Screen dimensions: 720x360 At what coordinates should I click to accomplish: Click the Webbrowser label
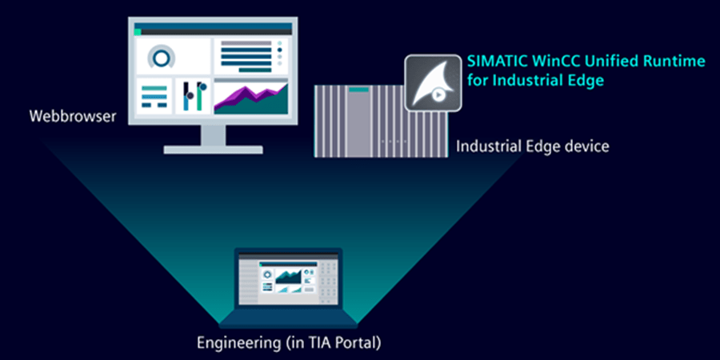[x=73, y=116]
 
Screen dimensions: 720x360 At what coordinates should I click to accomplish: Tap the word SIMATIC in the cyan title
[x=493, y=62]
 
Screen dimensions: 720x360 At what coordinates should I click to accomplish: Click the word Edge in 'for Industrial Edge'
[x=587, y=81]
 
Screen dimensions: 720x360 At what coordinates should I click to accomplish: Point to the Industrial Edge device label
[x=533, y=146]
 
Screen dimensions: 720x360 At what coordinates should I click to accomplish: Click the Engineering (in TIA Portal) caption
[x=289, y=342]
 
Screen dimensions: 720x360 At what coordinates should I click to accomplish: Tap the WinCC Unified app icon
[x=433, y=82]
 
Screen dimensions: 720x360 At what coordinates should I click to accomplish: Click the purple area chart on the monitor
[x=250, y=98]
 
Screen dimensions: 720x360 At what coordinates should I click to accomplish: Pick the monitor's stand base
[x=213, y=150]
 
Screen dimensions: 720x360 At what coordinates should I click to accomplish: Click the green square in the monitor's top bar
[x=138, y=32]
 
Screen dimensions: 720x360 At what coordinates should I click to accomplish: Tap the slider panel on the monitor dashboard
[x=192, y=96]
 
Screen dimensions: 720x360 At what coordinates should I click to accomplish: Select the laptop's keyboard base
[x=288, y=321]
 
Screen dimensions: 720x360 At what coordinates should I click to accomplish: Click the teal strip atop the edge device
[x=358, y=90]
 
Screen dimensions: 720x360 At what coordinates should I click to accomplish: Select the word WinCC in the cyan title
[x=541, y=62]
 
